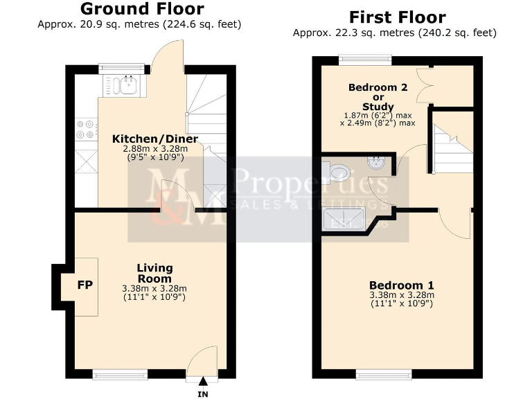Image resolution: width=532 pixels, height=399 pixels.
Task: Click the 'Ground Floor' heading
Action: coord(142,9)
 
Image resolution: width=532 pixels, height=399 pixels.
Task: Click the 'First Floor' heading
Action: coord(397,17)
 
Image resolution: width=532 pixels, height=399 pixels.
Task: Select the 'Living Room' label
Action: coord(154,273)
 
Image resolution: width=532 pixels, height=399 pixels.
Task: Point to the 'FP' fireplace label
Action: coord(85,285)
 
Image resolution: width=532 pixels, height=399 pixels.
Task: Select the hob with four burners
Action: coord(85,130)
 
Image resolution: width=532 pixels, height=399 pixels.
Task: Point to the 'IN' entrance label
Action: coord(202,393)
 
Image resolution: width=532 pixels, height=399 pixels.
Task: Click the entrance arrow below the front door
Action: coord(202,380)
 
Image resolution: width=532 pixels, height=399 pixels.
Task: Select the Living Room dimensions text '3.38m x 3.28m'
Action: coord(154,289)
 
